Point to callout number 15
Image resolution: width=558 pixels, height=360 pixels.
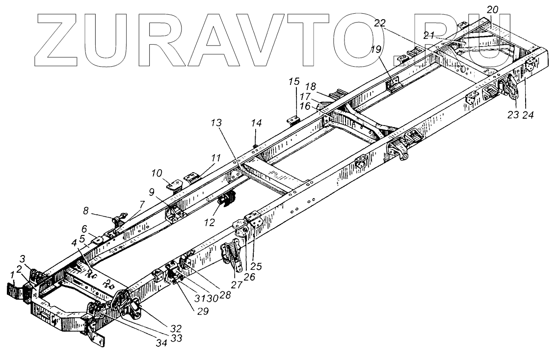[293, 81]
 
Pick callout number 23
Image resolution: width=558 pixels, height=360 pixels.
[512, 116]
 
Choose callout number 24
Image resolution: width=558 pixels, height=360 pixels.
[528, 116]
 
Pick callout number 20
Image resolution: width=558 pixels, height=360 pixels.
[493, 9]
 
